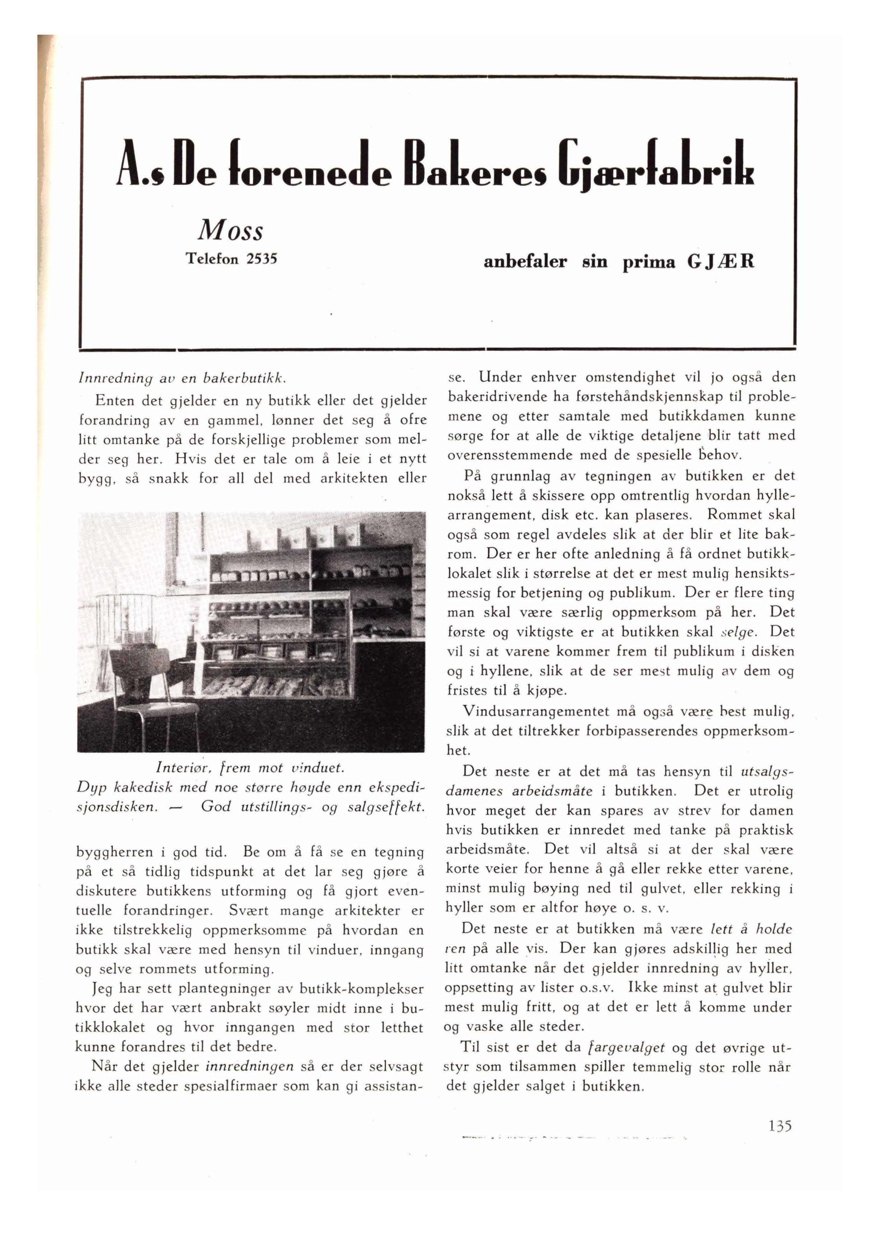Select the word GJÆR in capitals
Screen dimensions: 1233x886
point(721,262)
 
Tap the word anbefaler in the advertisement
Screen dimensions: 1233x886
point(525,262)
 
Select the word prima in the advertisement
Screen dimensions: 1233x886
point(649,262)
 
